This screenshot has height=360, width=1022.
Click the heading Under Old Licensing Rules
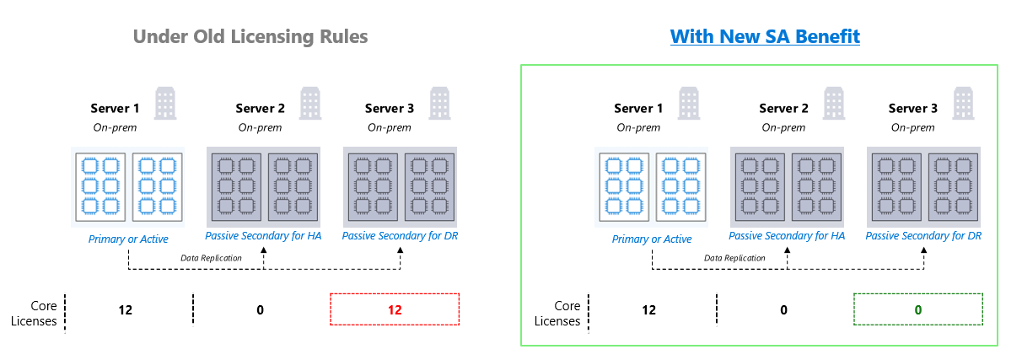tap(250, 37)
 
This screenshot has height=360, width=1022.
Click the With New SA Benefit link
tap(765, 37)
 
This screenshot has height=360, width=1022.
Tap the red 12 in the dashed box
tap(395, 309)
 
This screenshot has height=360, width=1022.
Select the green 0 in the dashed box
tap(918, 309)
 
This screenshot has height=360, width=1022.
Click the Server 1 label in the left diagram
tap(116, 108)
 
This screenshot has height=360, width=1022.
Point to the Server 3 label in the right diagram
tap(913, 108)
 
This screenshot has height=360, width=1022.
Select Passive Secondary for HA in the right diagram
tap(786, 236)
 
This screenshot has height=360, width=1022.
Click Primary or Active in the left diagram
tap(128, 239)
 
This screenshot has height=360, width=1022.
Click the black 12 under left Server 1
tap(126, 309)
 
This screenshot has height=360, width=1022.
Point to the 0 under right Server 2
tap(783, 309)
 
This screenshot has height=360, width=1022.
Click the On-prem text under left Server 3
tap(390, 127)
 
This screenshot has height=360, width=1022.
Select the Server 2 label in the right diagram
tap(783, 108)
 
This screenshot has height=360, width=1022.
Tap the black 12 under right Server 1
tap(648, 309)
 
